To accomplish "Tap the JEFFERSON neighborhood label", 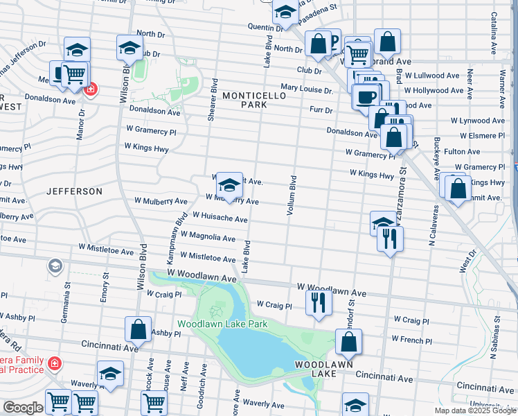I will (74, 191).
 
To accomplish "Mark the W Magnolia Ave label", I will (208, 236).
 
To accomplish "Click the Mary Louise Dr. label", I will (307, 89).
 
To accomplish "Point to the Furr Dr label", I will (321, 110).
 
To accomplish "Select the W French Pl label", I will (411, 340).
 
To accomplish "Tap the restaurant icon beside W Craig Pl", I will (319, 302).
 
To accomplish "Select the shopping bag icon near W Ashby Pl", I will (139, 329).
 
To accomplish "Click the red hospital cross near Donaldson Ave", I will (90, 89).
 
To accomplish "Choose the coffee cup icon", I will (366, 96).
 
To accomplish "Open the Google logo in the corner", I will (22, 408).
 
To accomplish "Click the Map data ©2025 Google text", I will (475, 410).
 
